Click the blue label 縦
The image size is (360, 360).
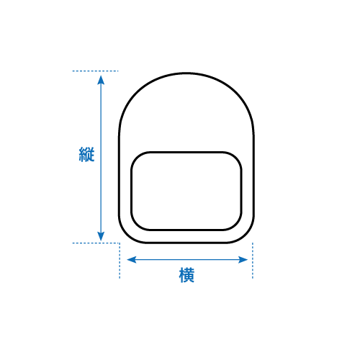click(86, 155)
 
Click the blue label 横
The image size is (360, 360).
click(186, 275)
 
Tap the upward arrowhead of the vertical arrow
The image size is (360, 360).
click(101, 80)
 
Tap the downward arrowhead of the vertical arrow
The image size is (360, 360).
click(101, 236)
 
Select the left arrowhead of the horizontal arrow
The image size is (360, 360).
click(132, 259)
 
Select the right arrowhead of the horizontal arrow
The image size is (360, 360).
click(243, 259)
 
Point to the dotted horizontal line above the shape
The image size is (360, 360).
click(95, 71)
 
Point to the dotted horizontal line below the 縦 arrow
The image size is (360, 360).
click(96, 243)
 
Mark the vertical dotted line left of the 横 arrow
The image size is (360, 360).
click(120, 261)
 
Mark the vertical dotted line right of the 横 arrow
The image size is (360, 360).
click(253, 261)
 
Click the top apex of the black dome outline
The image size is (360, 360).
click(186, 73)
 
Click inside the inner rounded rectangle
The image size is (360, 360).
click(186, 191)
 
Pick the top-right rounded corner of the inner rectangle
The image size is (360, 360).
click(236, 158)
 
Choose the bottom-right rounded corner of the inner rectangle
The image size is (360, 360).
click(236, 225)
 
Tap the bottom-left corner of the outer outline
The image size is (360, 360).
click(126, 235)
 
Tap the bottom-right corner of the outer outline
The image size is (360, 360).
click(246, 235)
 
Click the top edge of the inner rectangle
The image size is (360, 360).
click(186, 153)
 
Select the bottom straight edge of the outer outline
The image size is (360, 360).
click(186, 243)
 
